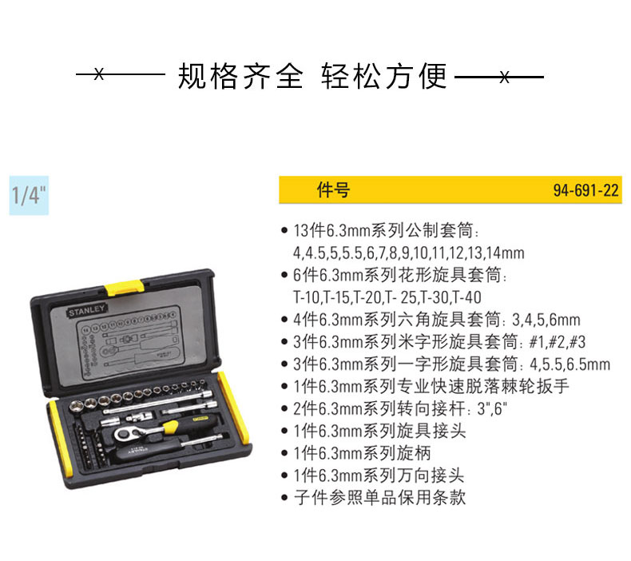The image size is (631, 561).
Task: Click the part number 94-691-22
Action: pos(585,190)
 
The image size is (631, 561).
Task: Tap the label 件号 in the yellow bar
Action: pos(333,189)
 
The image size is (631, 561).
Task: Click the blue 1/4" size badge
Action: pos(29,195)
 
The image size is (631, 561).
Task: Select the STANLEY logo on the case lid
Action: pos(86,310)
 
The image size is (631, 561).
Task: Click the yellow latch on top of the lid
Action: pos(124,288)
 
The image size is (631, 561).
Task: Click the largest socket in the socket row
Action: pos(77,405)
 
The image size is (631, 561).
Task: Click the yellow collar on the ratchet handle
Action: pos(171,427)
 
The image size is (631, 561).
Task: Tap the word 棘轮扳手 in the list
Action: pos(535,386)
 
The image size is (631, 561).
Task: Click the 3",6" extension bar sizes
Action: pos(492,409)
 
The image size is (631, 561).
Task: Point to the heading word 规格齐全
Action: pos(240,76)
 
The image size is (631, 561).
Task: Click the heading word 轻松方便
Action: pos(384,76)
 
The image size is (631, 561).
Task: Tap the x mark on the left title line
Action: pos(99,74)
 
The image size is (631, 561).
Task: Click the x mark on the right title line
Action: pos(505,77)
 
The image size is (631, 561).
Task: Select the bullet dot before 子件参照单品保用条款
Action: pos(284,498)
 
